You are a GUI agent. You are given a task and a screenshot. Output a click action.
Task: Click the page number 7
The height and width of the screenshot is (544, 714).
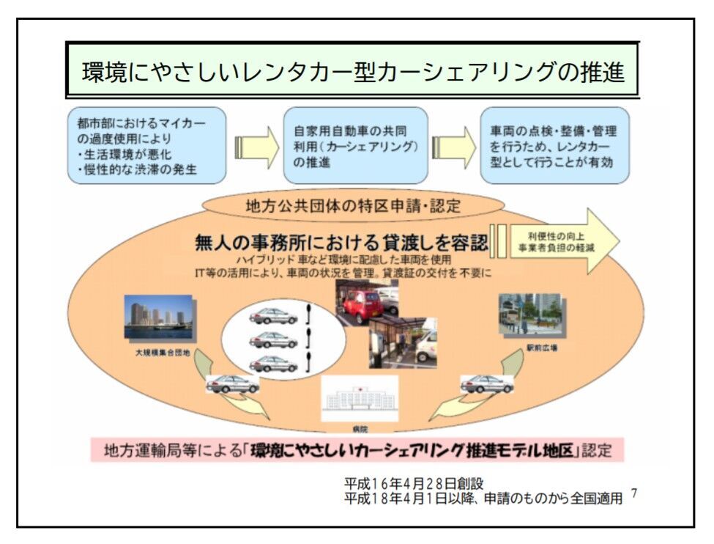pos(634,493)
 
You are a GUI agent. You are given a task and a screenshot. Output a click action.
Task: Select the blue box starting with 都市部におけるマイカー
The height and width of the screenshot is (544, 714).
pos(146,145)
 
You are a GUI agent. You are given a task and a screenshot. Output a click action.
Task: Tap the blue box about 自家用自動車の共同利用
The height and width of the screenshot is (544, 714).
pos(354,145)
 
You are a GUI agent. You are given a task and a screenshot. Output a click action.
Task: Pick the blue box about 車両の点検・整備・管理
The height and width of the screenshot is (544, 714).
pos(554,145)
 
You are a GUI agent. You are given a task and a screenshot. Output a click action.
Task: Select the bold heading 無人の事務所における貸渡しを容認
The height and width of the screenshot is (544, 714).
pos(341,242)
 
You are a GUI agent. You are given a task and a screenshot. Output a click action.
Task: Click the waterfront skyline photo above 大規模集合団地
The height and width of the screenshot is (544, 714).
pos(158,317)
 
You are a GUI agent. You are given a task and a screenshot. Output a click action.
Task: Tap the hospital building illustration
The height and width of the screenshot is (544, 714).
pos(360,399)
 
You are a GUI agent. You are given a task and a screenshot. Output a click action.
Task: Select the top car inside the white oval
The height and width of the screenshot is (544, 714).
pos(272,316)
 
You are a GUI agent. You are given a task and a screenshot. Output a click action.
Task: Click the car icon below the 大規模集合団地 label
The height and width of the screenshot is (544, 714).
pos(232,383)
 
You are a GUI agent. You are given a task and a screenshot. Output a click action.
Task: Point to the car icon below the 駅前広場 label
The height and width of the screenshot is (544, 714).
pos(486,383)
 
